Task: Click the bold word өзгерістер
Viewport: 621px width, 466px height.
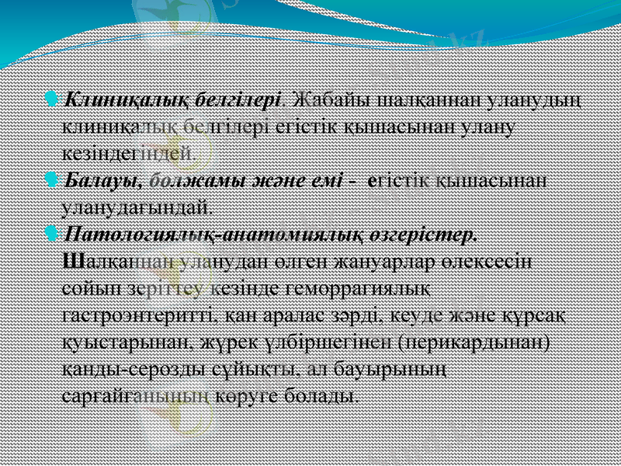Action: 425,233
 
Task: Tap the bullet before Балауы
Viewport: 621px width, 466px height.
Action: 52,180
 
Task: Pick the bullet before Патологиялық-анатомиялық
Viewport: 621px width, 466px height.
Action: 52,231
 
